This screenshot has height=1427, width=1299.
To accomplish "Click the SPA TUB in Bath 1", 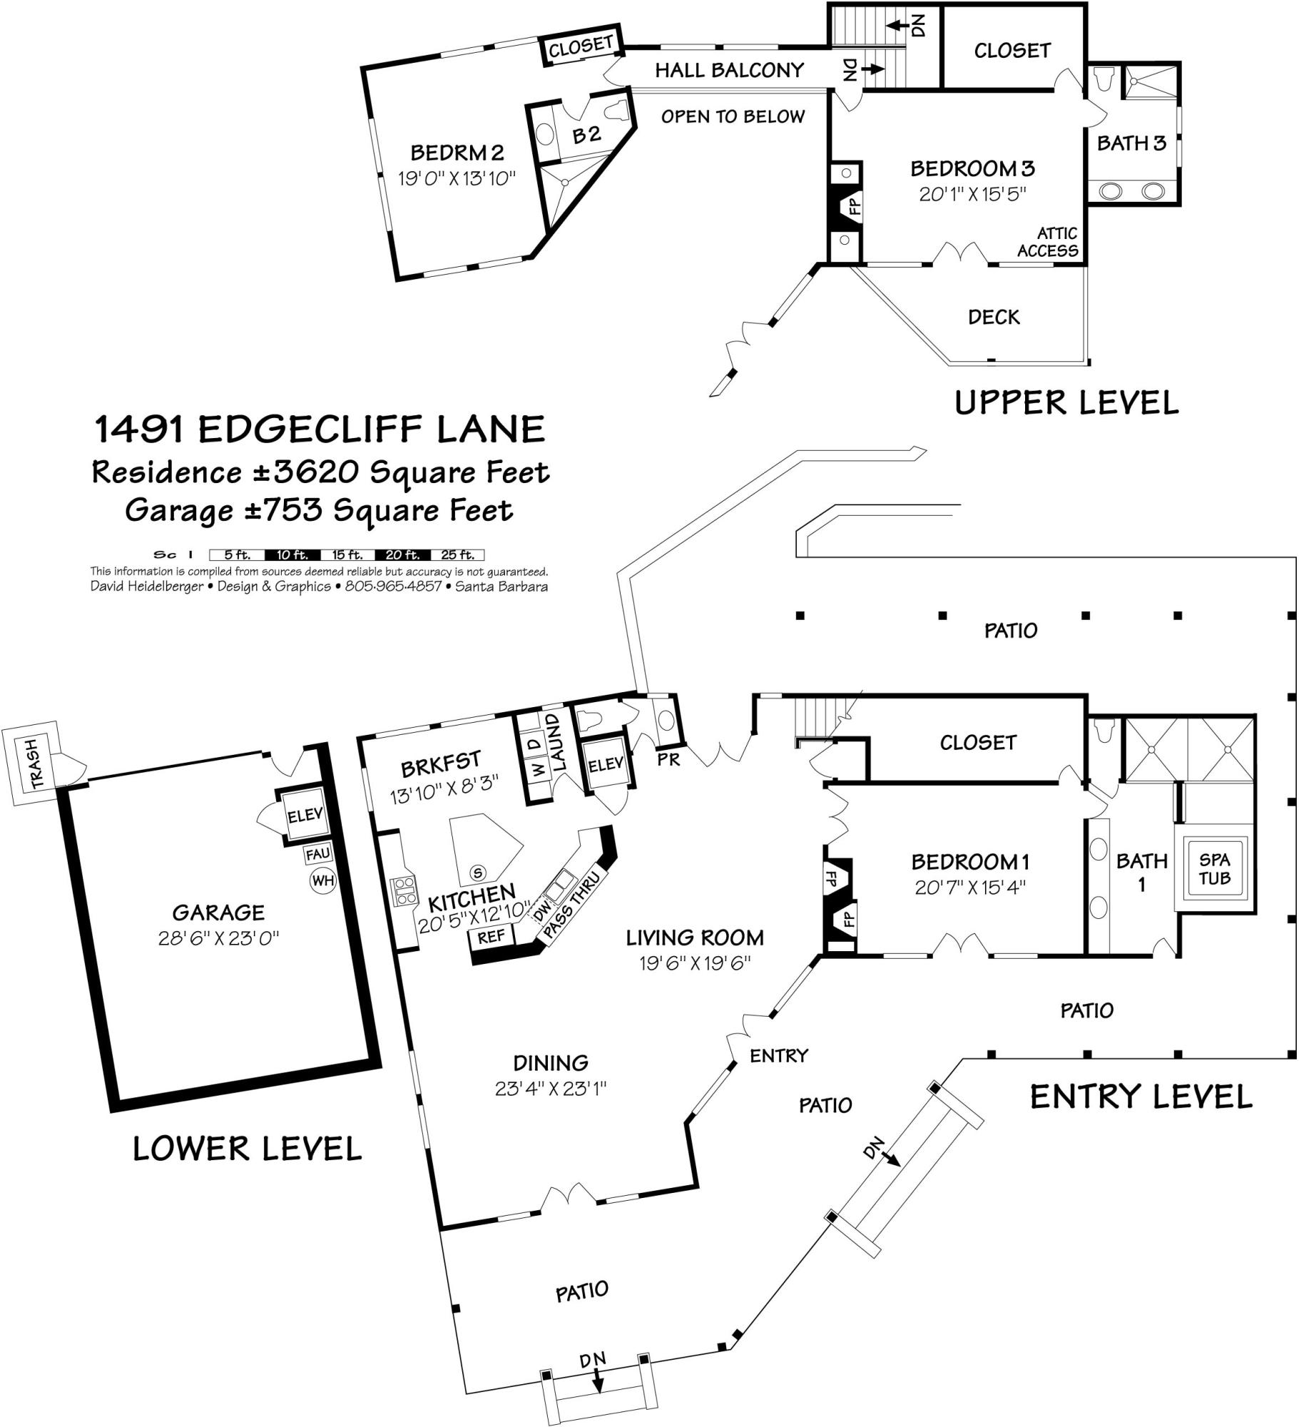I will click(1213, 870).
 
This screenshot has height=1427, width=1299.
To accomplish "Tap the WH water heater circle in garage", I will click(322, 880).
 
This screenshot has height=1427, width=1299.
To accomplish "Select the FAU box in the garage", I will click(317, 854).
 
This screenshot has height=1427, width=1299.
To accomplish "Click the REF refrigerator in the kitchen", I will click(491, 936).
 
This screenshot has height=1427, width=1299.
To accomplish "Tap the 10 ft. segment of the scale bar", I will click(292, 554).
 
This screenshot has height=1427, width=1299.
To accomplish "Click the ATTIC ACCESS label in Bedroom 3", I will click(1047, 242).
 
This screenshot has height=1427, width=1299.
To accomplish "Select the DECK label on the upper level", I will click(994, 317).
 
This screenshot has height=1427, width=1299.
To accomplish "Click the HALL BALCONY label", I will click(729, 70).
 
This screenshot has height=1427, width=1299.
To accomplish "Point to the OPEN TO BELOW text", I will click(733, 116).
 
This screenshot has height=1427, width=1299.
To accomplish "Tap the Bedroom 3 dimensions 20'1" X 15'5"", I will click(972, 193).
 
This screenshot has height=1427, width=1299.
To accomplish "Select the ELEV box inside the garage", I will click(305, 815).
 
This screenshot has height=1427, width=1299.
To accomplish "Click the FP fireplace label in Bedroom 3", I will click(854, 206).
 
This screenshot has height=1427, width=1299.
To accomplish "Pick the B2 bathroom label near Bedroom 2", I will click(586, 134).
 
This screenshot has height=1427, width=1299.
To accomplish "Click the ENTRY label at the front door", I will click(779, 1055).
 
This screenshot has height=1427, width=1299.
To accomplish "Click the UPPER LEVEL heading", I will click(1066, 403).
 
